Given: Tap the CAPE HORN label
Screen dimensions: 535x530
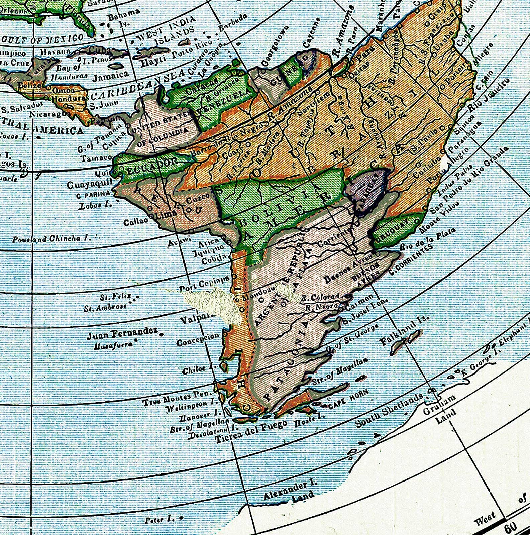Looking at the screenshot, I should coord(348,400).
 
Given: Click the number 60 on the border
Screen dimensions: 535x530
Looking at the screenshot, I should coord(511,528).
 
